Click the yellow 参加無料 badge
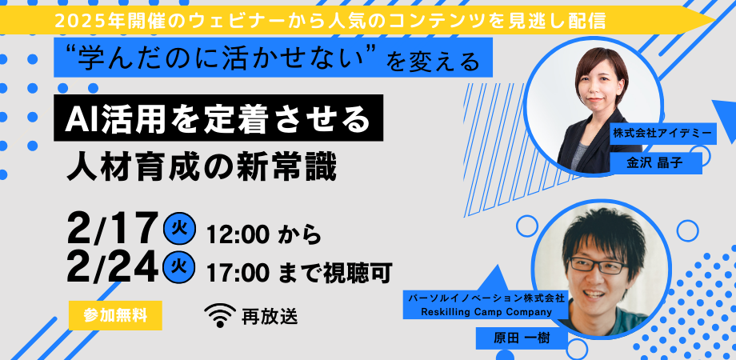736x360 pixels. [115, 314]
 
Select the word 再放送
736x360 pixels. [269, 316]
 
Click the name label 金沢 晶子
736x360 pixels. [655, 163]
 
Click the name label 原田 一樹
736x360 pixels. [522, 337]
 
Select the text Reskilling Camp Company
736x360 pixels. [487, 311]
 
